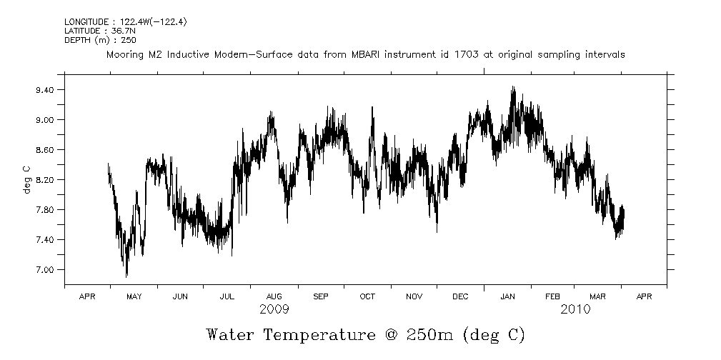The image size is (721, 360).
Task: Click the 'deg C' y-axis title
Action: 26,179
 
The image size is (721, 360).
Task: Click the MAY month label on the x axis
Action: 134,296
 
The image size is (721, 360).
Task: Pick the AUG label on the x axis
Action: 274,296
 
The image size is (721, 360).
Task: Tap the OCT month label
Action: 367,296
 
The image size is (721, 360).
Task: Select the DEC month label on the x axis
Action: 460,296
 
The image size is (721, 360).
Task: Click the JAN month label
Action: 507,296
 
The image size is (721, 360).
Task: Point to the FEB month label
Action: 552,296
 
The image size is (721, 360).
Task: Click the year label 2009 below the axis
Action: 274,309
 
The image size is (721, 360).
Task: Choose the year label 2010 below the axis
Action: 575,309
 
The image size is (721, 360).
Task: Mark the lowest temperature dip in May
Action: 126,276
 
